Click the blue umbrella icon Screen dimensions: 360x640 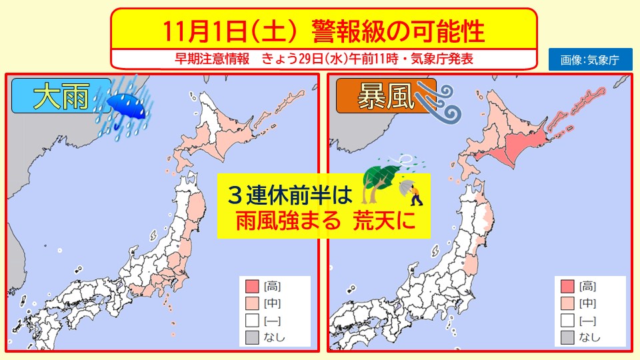point(127,105)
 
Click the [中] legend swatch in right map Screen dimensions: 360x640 point(566,303)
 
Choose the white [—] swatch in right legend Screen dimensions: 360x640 point(566,320)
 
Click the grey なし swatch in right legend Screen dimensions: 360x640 point(566,337)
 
